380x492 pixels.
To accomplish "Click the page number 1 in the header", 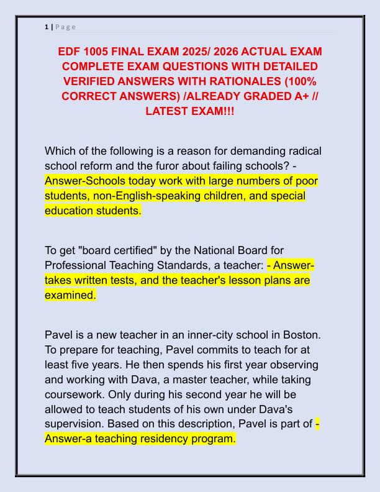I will click(x=46, y=27).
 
